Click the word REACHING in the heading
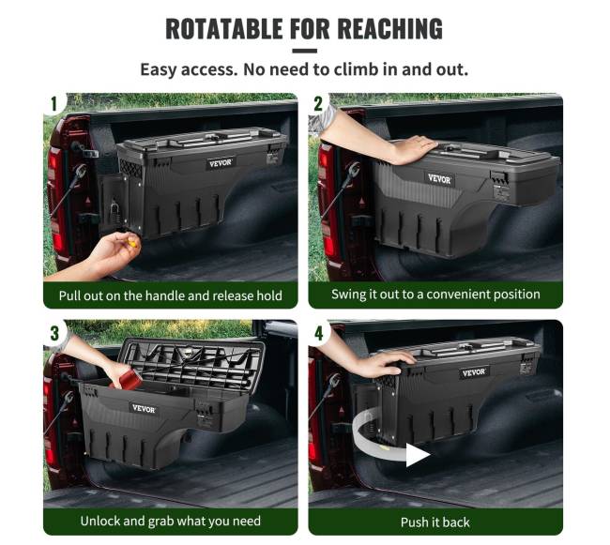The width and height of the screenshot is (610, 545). [x=389, y=29]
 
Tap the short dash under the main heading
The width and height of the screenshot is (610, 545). [x=304, y=51]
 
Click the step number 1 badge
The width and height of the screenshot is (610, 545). [x=54, y=104]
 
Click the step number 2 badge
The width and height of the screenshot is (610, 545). [x=318, y=104]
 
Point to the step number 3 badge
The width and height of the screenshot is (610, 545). [x=54, y=333]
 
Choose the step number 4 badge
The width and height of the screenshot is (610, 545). [x=319, y=333]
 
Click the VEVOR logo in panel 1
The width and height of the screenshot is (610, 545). [x=221, y=163]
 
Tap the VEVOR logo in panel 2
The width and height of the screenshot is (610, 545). [x=439, y=179]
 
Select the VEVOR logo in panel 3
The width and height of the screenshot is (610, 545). [x=144, y=409]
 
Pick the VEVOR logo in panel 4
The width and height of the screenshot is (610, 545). [x=473, y=372]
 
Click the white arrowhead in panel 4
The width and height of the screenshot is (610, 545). [x=418, y=455]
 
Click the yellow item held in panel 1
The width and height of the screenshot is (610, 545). [x=132, y=244]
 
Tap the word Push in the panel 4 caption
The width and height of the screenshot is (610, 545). [x=414, y=522]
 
